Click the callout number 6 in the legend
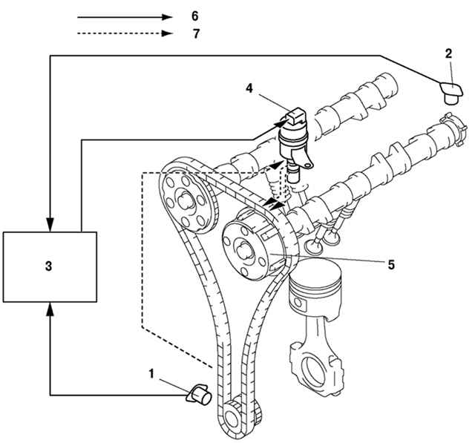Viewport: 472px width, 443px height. click(195, 16)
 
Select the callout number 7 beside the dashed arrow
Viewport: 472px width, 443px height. click(196, 33)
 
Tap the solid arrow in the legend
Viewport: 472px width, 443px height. click(125, 17)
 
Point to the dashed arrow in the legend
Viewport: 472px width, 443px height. click(125, 33)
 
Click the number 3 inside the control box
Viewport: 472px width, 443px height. click(48, 266)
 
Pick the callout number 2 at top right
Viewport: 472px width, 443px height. click(448, 54)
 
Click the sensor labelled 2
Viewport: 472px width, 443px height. click(450, 93)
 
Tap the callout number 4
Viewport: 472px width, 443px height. click(249, 88)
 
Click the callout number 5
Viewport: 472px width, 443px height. click(390, 265)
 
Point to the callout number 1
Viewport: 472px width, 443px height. click(151, 374)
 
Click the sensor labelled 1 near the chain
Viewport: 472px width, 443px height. click(200, 394)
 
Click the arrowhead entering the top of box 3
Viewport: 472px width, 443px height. click(50, 224)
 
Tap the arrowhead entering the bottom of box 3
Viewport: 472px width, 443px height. click(50, 309)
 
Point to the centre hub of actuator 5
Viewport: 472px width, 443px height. click(243, 252)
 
